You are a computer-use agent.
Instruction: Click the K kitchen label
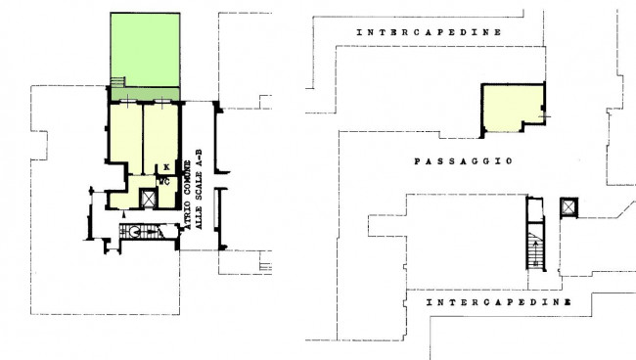[x=166, y=167]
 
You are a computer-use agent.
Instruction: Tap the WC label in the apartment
[x=164, y=182]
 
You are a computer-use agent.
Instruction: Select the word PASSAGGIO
[x=463, y=161]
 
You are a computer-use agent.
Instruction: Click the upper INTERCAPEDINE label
[x=429, y=32]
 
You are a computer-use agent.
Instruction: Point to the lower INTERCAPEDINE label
[x=499, y=302]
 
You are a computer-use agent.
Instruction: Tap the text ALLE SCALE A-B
[x=199, y=190]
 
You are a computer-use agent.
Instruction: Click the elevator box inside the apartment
[x=148, y=199]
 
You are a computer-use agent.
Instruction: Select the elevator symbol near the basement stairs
[x=568, y=207]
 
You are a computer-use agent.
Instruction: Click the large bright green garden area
[x=145, y=50]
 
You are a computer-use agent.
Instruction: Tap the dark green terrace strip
[x=145, y=94]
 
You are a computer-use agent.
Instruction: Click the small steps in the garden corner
[x=117, y=82]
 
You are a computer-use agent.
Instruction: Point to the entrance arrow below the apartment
[x=123, y=213]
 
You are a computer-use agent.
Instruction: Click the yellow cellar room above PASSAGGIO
[x=513, y=108]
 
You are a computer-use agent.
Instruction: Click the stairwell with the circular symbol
[x=149, y=232]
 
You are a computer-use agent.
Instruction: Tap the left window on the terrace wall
[x=127, y=101]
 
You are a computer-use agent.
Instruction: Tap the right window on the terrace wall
[x=162, y=102]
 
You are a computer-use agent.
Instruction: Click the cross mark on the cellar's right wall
[x=545, y=116]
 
